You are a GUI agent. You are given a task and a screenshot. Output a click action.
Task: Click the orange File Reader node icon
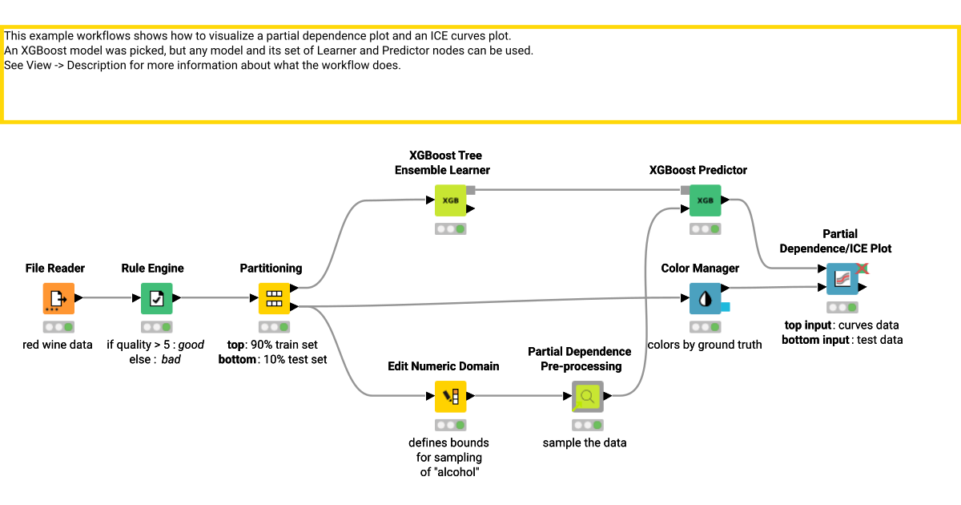tap(58, 298)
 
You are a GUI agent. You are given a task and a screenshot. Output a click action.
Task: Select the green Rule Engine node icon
tap(156, 298)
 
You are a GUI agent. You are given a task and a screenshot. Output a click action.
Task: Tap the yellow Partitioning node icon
tap(274, 298)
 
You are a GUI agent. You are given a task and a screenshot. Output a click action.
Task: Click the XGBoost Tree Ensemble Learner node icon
tap(450, 200)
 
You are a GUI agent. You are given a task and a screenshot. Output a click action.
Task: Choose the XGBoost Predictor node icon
tap(705, 200)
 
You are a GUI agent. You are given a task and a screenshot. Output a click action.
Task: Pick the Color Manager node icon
tap(705, 298)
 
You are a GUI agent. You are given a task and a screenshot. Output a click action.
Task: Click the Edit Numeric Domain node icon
tap(450, 396)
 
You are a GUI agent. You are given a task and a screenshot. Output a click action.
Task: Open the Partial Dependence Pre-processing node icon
tap(588, 396)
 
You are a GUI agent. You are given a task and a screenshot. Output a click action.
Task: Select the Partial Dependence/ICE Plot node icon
tap(842, 279)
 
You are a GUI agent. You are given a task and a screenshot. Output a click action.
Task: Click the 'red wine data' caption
tap(58, 345)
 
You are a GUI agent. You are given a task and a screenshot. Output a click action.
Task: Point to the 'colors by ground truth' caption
tap(705, 345)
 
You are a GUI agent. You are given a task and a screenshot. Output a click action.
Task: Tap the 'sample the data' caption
tap(585, 442)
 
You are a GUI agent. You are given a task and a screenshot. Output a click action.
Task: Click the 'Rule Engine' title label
tap(152, 269)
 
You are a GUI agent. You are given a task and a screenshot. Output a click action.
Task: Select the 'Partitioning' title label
tap(271, 269)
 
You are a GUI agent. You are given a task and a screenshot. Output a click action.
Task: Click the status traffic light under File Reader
tap(58, 327)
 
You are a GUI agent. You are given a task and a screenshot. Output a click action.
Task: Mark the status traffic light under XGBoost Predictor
tap(705, 229)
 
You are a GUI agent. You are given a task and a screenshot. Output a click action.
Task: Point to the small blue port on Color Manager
tap(726, 307)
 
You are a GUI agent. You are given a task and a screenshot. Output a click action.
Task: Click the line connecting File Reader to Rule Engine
tap(108, 298)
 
